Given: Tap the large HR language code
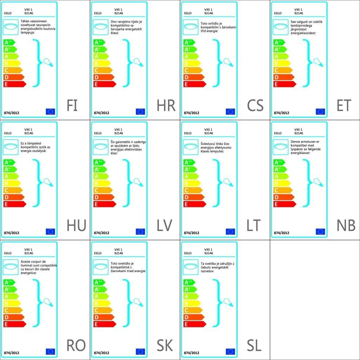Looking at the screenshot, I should (166, 105).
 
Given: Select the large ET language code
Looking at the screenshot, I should (344, 105).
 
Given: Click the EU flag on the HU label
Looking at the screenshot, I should (50, 231).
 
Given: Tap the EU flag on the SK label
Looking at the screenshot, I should (140, 352).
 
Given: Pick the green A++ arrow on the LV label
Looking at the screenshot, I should (99, 162).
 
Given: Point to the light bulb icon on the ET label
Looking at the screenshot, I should (318, 63).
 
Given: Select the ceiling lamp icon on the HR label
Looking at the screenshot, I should (100, 26).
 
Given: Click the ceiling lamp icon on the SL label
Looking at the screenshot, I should (190, 266).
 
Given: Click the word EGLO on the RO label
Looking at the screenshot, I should (8, 253).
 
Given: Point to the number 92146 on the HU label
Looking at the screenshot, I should (29, 133).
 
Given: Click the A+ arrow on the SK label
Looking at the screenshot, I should (99, 289).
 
